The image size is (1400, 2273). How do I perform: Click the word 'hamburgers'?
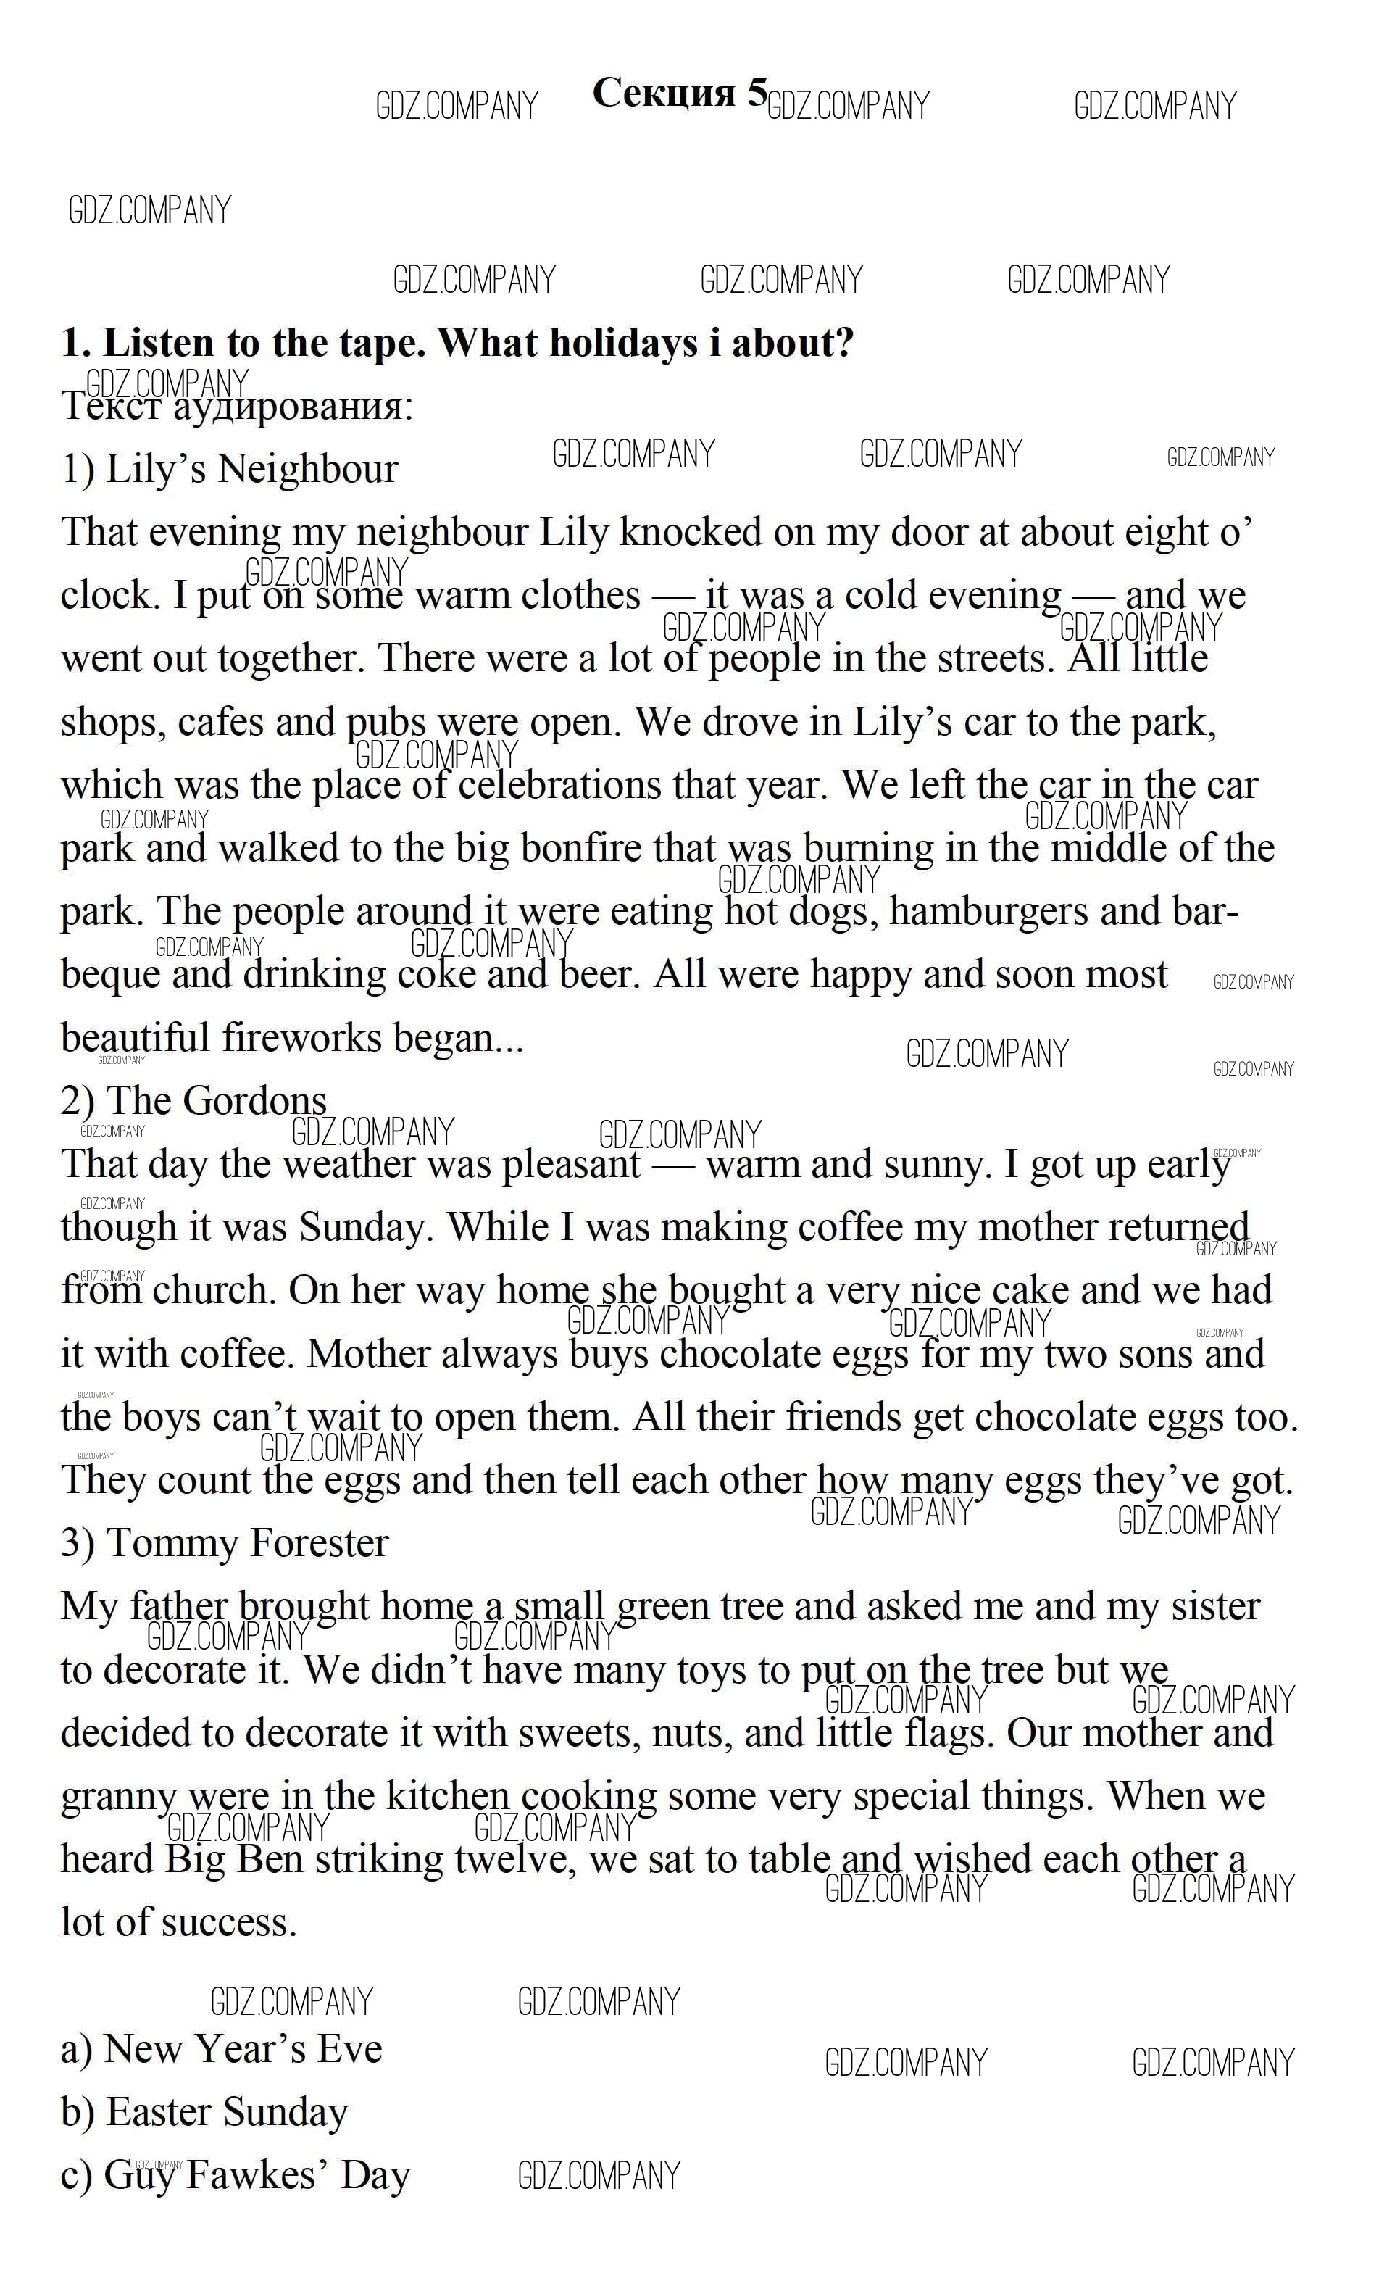(x=990, y=911)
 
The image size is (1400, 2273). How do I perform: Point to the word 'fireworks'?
(x=301, y=1038)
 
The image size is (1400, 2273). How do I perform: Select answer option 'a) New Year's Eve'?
(x=221, y=2049)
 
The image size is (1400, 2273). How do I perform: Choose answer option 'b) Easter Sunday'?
(x=204, y=2112)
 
